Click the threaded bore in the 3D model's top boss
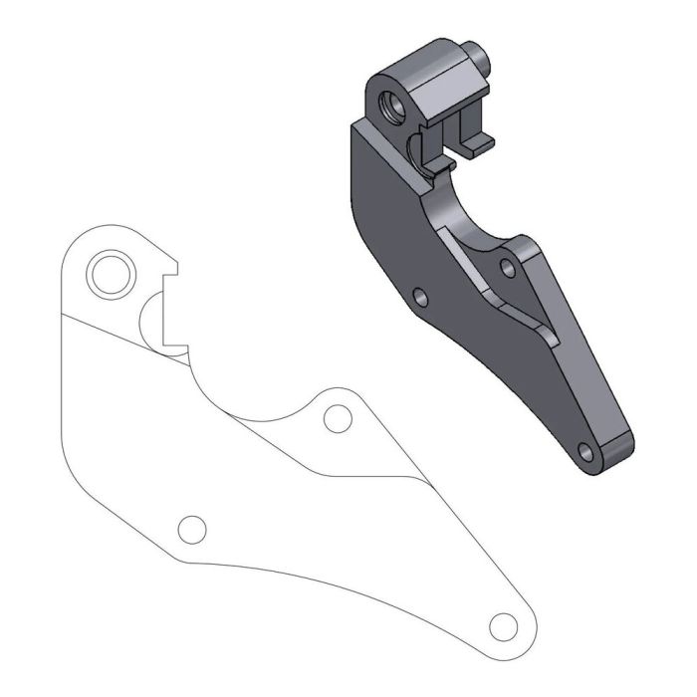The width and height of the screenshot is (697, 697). coord(390,103)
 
